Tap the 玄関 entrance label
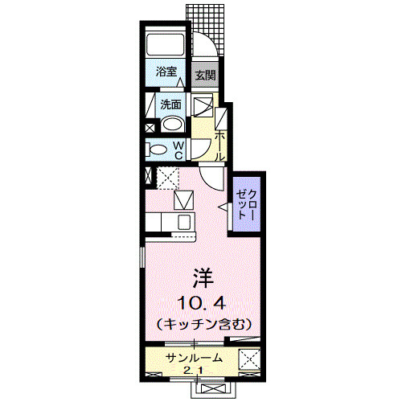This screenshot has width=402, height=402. pyautogui.click(x=206, y=76)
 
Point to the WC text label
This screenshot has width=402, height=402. pyautogui.click(x=178, y=149)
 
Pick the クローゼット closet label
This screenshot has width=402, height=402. pyautogui.click(x=244, y=204)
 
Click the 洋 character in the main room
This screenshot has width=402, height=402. pyautogui.click(x=201, y=279)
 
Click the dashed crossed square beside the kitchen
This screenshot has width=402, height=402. pyautogui.click(x=167, y=176)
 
